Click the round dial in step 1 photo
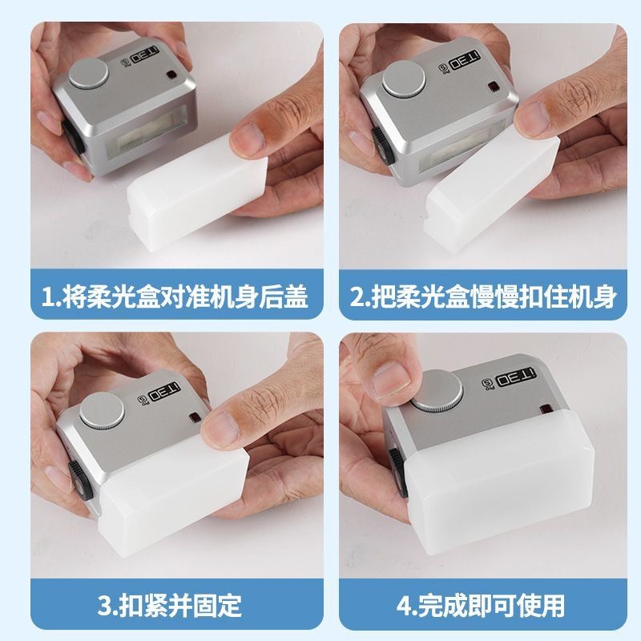(x=88, y=74)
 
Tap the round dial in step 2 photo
(x=404, y=79)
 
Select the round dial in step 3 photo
(x=102, y=410)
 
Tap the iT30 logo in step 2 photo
(x=464, y=61)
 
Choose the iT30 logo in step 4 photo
(x=515, y=377)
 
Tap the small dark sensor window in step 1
(x=171, y=75)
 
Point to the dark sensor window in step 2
(x=494, y=87)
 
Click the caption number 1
(x=48, y=296)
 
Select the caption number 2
(x=357, y=296)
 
